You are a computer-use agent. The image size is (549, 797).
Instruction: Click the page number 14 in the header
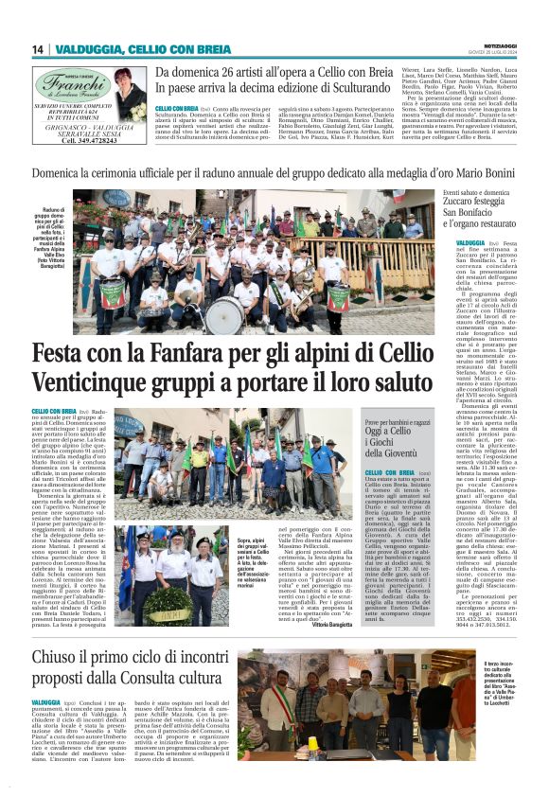pos(39,49)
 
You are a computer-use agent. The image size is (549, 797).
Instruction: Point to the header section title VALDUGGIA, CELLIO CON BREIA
pos(143,49)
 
